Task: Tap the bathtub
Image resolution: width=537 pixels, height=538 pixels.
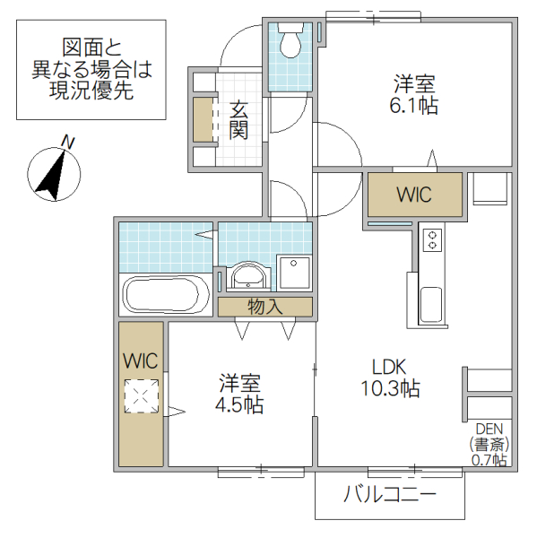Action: pyautogui.click(x=166, y=294)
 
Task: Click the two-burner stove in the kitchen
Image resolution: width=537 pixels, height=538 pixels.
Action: pyautogui.click(x=432, y=240)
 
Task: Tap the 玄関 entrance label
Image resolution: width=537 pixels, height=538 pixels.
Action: pyautogui.click(x=238, y=120)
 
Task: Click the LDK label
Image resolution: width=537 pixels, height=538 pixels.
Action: pyautogui.click(x=390, y=366)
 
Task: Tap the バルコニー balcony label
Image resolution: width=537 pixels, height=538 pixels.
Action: pyautogui.click(x=389, y=494)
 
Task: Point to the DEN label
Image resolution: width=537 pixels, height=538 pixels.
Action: pyautogui.click(x=490, y=429)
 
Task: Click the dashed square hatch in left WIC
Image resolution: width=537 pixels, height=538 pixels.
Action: pyautogui.click(x=142, y=396)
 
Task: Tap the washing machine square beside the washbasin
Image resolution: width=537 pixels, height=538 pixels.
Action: pyautogui.click(x=294, y=273)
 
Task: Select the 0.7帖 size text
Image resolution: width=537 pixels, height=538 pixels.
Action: pyautogui.click(x=489, y=460)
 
